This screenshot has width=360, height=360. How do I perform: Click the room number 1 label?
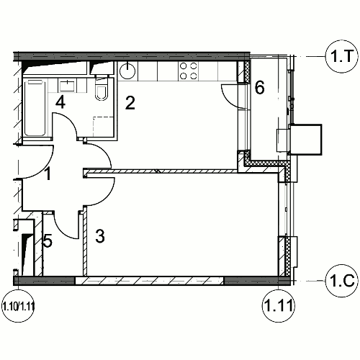48,174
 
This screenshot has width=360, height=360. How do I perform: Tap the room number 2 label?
130,103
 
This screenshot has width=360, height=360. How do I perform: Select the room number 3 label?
100,236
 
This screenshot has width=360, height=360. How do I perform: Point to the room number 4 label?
60,102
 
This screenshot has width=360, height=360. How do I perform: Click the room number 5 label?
48,241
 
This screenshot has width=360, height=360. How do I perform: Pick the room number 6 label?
259,87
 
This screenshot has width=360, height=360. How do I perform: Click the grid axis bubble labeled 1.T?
342,57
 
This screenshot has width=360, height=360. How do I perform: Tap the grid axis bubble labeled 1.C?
342,281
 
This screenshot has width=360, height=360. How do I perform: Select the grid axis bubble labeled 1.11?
278,306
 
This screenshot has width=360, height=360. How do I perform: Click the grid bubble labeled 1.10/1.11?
18,307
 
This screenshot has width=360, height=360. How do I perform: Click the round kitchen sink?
127,71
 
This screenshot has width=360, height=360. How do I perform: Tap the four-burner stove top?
189,71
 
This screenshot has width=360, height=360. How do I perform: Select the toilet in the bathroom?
101,89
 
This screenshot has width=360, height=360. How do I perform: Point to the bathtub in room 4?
35,108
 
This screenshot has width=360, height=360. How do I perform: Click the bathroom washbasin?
67,86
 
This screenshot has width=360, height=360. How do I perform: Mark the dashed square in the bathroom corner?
103,127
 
